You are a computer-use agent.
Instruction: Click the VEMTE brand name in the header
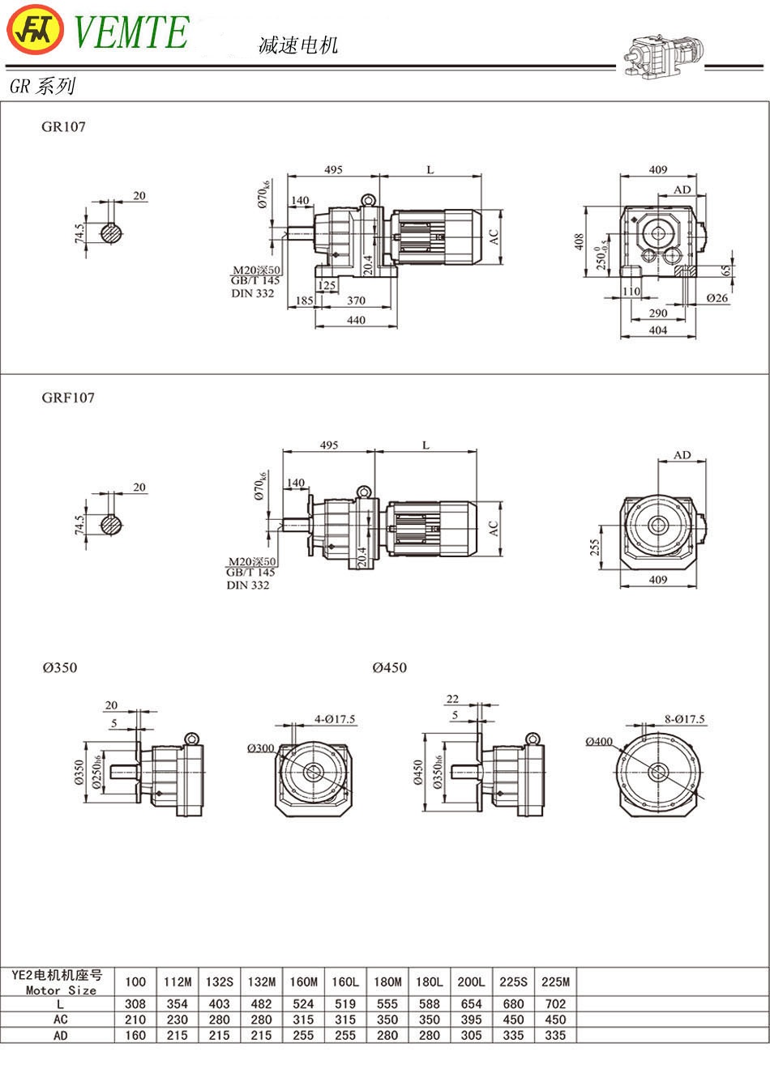[x=131, y=32]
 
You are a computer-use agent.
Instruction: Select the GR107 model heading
[x=63, y=126]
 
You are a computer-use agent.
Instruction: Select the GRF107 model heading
[x=68, y=398]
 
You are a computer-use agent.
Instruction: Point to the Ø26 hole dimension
[x=717, y=298]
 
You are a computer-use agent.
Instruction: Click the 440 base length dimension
[x=356, y=320]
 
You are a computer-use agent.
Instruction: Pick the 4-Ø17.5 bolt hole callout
[x=335, y=719]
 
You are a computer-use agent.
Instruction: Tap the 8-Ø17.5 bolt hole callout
[x=685, y=718]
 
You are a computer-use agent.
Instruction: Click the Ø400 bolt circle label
[x=599, y=741]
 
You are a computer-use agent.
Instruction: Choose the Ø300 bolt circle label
[x=261, y=748]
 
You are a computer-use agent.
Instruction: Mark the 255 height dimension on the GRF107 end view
[x=596, y=548]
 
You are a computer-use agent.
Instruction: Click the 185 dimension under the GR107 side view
[x=304, y=300]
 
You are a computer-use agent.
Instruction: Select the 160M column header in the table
[x=303, y=982]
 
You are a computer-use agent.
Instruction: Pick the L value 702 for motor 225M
[x=555, y=1004]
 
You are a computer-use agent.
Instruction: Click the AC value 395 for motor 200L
[x=471, y=1020]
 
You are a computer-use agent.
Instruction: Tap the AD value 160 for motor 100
[x=135, y=1035]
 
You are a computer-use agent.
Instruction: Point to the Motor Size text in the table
[x=61, y=990]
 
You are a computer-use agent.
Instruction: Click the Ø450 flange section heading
[x=389, y=667]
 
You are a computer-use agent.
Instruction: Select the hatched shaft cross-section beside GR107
[x=113, y=232]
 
